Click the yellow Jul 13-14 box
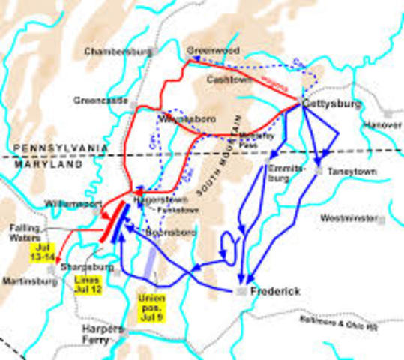pyautogui.click(x=43, y=253)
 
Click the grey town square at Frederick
pyautogui.click(x=242, y=290)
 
